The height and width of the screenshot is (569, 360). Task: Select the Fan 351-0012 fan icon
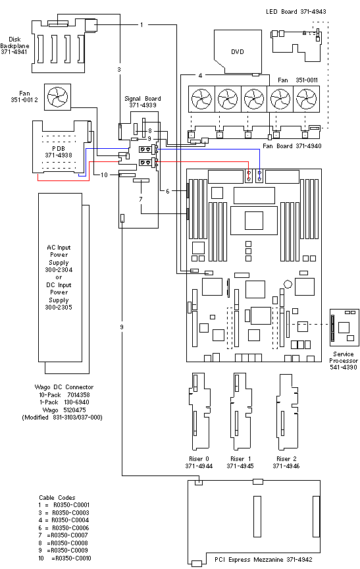(57, 97)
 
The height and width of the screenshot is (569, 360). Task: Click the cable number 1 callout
(141, 24)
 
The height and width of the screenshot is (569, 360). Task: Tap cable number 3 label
(119, 69)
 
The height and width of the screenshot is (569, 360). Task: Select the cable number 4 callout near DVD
(200, 76)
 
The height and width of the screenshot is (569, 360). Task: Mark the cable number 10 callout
(103, 175)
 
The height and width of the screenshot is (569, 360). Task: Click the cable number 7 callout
(140, 198)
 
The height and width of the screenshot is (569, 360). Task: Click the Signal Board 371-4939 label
(143, 101)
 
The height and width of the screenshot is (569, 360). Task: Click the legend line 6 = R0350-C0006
(65, 528)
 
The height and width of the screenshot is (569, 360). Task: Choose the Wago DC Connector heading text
(64, 387)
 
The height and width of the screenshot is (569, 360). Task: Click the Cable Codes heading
(57, 497)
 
